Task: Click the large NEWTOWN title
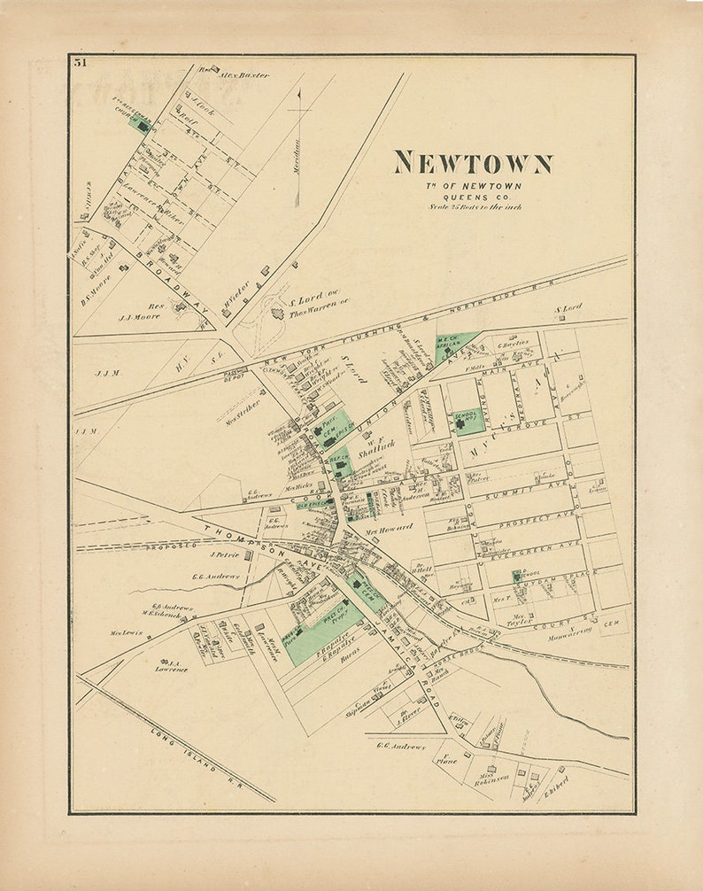pyautogui.click(x=473, y=163)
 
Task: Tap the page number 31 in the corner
pyautogui.click(x=81, y=63)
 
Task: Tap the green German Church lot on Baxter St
pyautogui.click(x=140, y=123)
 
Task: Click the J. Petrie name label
pyautogui.click(x=226, y=554)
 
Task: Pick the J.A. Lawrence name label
pyautogui.click(x=172, y=664)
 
